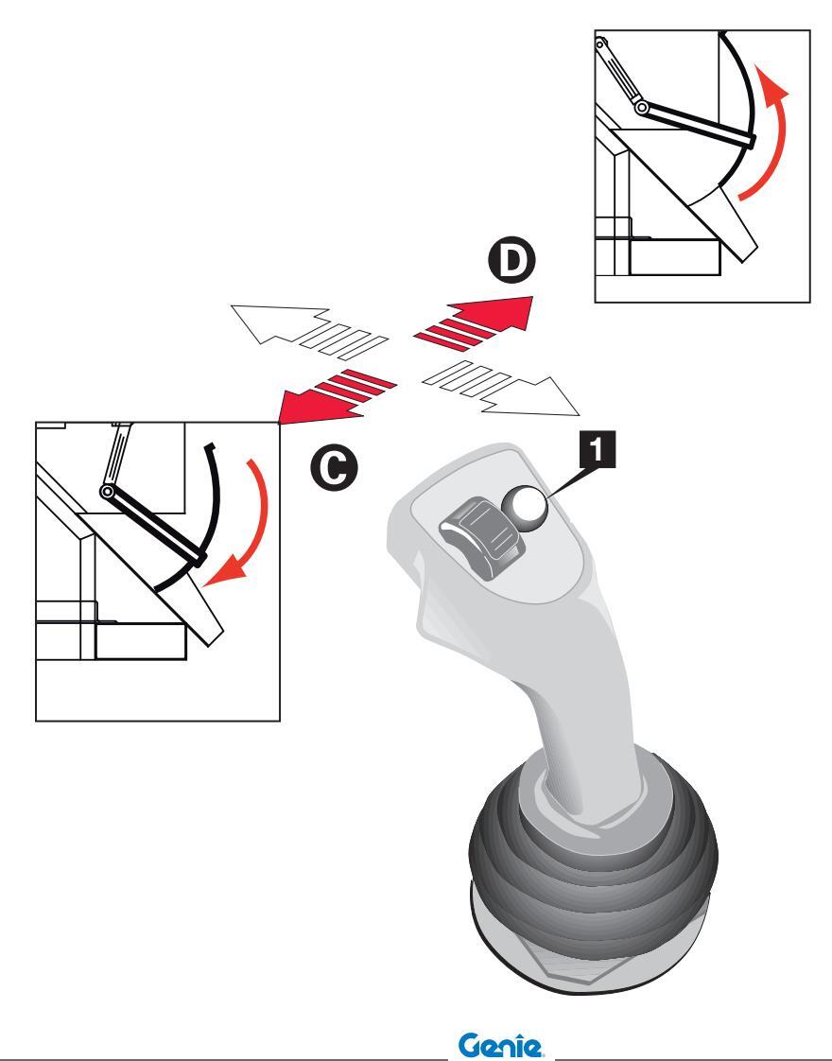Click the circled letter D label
click(511, 260)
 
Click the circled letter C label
click(334, 467)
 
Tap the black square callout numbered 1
click(597, 450)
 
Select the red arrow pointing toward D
click(474, 322)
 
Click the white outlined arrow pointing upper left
click(309, 331)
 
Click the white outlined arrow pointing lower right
click(500, 388)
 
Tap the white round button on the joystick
click(524, 508)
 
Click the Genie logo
click(500, 1045)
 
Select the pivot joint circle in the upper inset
click(641, 108)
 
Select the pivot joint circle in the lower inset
click(107, 491)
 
